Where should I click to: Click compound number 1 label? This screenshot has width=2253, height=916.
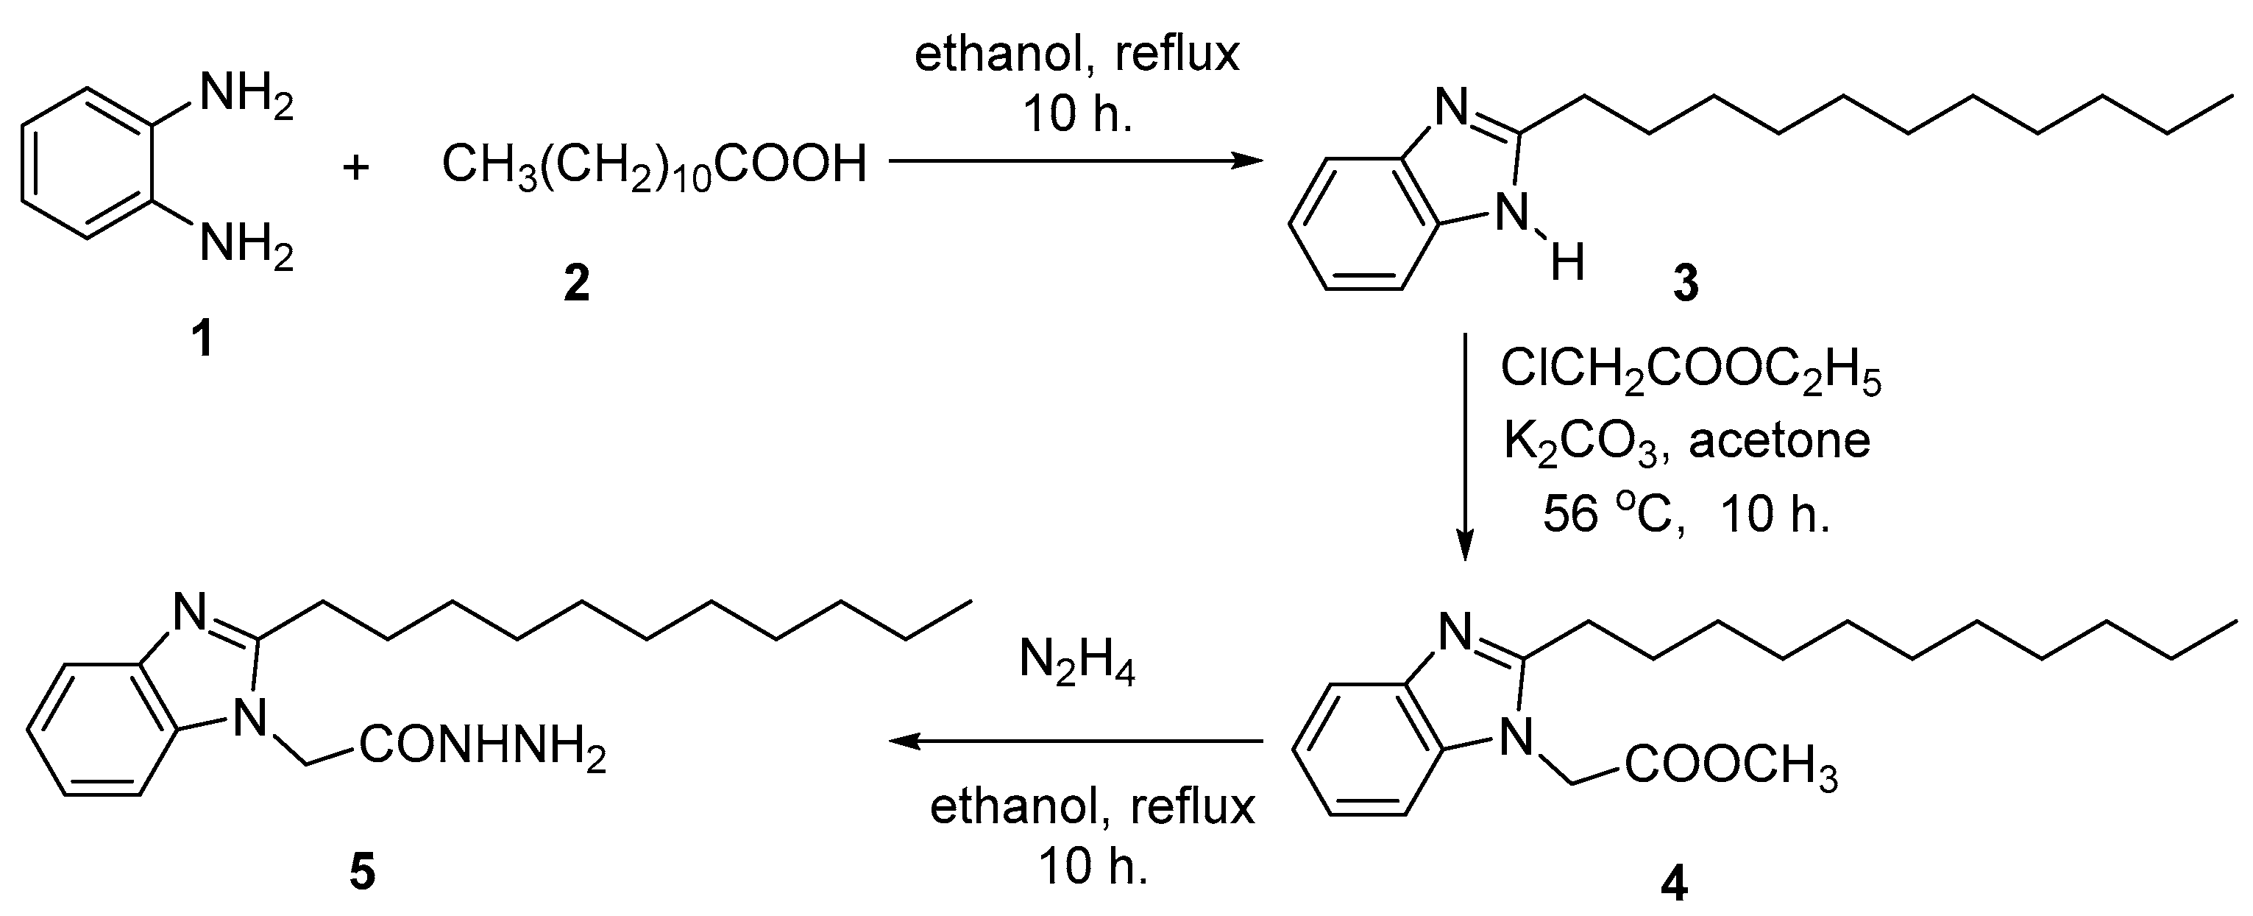coord(203,339)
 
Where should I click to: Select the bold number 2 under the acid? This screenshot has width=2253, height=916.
coord(576,283)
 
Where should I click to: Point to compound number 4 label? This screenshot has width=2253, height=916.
coord(1674,884)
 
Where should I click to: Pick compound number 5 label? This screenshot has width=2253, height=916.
coord(362,873)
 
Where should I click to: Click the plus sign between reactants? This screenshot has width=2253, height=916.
coord(356,167)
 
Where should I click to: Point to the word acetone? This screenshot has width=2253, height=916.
coord(1779,440)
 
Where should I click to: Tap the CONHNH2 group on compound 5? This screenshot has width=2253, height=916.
coord(482,750)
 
